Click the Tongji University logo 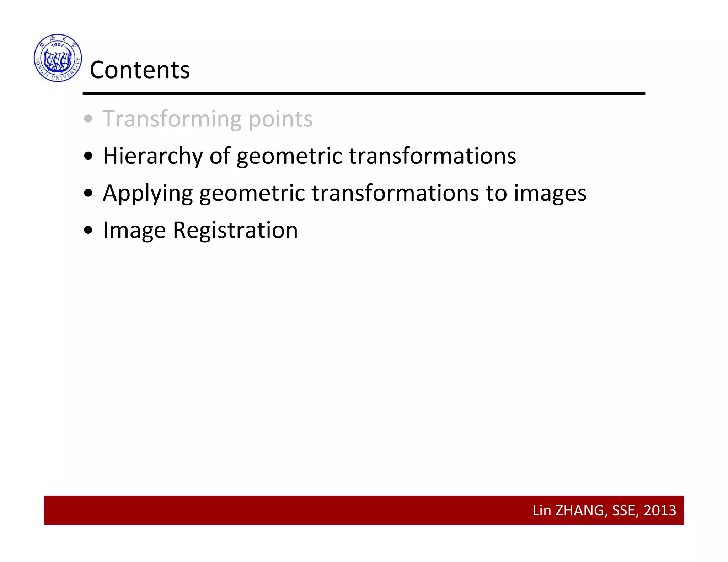tap(58, 58)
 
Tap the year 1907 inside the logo tap(57, 45)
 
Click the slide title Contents tap(140, 70)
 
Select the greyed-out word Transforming tap(172, 119)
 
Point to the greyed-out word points tap(280, 119)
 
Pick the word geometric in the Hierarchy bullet tap(289, 156)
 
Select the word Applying tap(148, 194)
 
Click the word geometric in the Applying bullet tap(252, 194)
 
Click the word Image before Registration tap(134, 231)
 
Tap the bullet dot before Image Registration tap(88, 230)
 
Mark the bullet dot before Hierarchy tap(88, 156)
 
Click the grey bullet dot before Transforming tap(88, 119)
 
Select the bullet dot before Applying tap(88, 193)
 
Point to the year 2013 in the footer tap(660, 510)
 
